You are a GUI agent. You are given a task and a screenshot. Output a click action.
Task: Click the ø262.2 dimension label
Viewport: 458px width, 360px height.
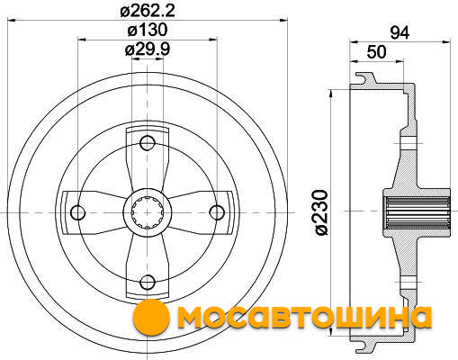[148, 11]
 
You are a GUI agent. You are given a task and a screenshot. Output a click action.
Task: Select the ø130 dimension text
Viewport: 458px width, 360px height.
[148, 30]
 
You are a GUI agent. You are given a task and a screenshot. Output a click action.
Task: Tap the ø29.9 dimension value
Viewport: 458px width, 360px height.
[148, 49]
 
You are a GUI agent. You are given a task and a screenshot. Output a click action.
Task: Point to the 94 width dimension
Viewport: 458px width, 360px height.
[400, 32]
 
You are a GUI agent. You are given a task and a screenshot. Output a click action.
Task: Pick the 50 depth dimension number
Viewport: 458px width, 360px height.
[377, 52]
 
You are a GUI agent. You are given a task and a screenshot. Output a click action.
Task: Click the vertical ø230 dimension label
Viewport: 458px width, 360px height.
[321, 212]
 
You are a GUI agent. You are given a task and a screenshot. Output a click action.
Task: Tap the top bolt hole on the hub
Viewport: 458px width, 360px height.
[148, 143]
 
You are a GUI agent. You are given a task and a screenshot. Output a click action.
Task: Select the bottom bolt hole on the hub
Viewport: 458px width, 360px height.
[148, 282]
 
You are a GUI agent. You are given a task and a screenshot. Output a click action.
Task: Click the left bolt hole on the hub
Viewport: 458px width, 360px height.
[77, 212]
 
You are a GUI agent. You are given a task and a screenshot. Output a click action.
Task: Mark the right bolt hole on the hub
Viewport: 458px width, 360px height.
[217, 212]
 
